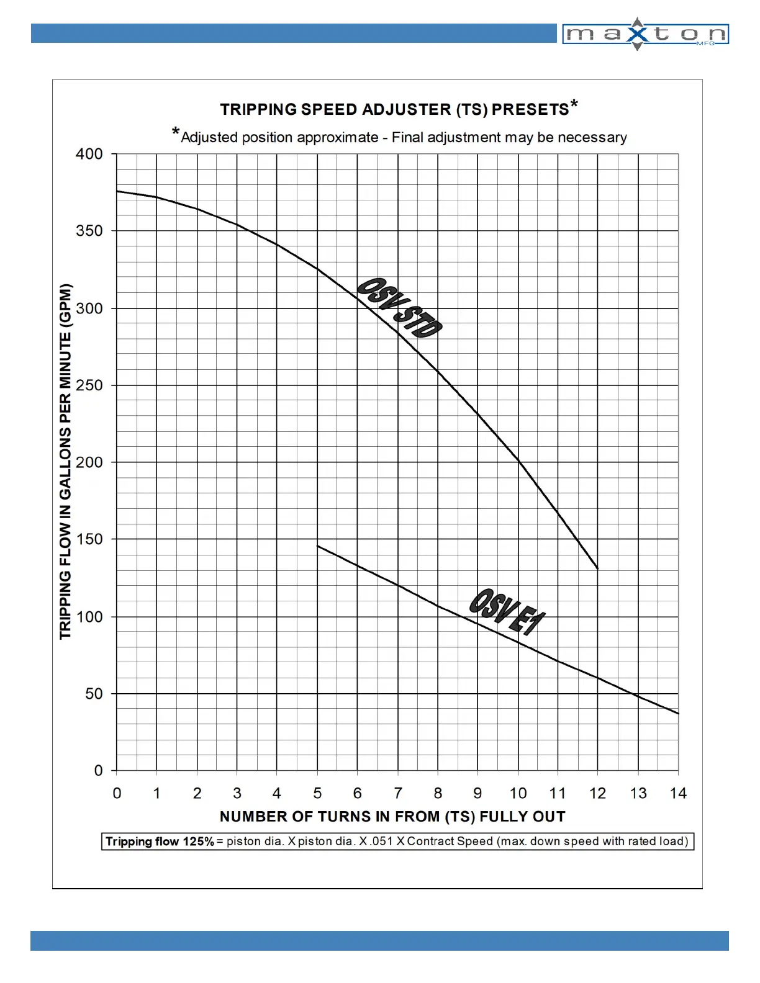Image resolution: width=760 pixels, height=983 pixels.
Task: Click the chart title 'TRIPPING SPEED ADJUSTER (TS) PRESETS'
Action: (394, 110)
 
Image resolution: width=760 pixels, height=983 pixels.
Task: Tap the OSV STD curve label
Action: (399, 308)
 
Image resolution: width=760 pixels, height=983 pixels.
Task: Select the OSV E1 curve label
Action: (507, 612)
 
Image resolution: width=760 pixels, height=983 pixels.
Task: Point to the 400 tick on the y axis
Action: (89, 154)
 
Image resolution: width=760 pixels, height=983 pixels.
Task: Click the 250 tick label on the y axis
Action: (89, 385)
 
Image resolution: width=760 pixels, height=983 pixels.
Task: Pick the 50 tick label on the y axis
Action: (94, 694)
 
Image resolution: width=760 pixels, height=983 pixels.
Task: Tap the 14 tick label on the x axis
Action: (678, 793)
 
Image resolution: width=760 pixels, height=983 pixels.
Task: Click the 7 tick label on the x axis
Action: (398, 793)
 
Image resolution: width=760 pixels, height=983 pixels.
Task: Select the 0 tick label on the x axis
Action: (117, 793)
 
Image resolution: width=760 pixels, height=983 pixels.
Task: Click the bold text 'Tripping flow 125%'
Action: (160, 842)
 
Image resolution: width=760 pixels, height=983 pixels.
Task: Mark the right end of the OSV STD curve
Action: (597, 568)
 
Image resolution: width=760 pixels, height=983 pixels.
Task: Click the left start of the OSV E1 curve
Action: (318, 546)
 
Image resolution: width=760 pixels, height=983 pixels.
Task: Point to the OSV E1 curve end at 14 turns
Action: (678, 714)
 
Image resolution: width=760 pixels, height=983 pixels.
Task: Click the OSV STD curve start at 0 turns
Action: (117, 191)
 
